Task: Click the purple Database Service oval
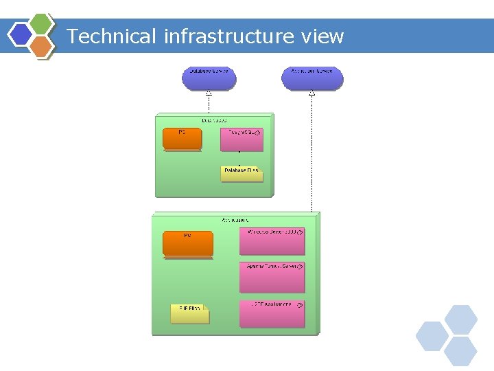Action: coord(209,78)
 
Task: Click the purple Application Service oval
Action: coord(312,78)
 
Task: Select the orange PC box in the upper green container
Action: coord(182,139)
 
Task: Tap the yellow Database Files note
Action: coord(242,174)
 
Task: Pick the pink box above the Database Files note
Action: coord(241,139)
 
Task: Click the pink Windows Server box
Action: coord(272,240)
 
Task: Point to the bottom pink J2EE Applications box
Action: coord(272,313)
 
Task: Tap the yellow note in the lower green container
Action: coord(189,314)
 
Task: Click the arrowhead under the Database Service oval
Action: coord(209,93)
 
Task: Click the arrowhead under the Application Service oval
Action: coord(311,93)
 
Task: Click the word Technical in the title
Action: coord(113,36)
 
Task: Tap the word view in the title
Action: coord(322,36)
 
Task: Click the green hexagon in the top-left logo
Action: coord(41,23)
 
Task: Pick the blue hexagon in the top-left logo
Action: coord(21,34)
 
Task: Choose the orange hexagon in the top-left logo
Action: coord(41,45)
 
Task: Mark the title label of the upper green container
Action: coord(215,120)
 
